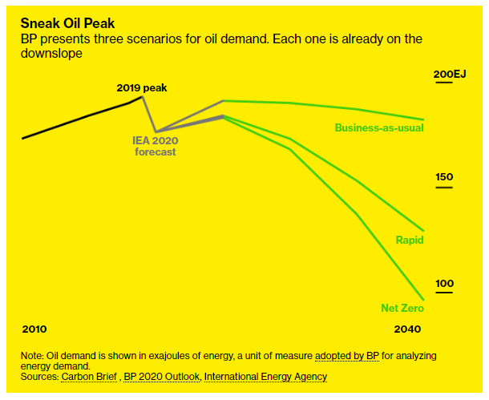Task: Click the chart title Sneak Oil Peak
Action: [67, 23]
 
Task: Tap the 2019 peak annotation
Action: [142, 88]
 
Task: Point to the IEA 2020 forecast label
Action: [156, 146]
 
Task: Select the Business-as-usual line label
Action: [379, 127]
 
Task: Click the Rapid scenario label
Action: [410, 240]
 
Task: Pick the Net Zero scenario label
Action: [402, 308]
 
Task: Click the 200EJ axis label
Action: [450, 75]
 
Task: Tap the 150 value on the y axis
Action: [444, 177]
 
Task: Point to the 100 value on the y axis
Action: [444, 284]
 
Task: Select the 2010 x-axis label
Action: [34, 329]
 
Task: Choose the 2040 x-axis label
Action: [407, 329]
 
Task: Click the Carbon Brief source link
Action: [89, 377]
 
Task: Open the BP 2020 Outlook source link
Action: [162, 377]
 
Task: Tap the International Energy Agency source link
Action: [265, 377]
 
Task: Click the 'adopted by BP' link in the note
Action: [347, 356]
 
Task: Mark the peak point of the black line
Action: [142, 96]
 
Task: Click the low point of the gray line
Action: [156, 131]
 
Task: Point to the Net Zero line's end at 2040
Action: [423, 300]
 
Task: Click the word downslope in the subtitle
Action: [51, 54]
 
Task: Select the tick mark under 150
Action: [444, 188]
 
